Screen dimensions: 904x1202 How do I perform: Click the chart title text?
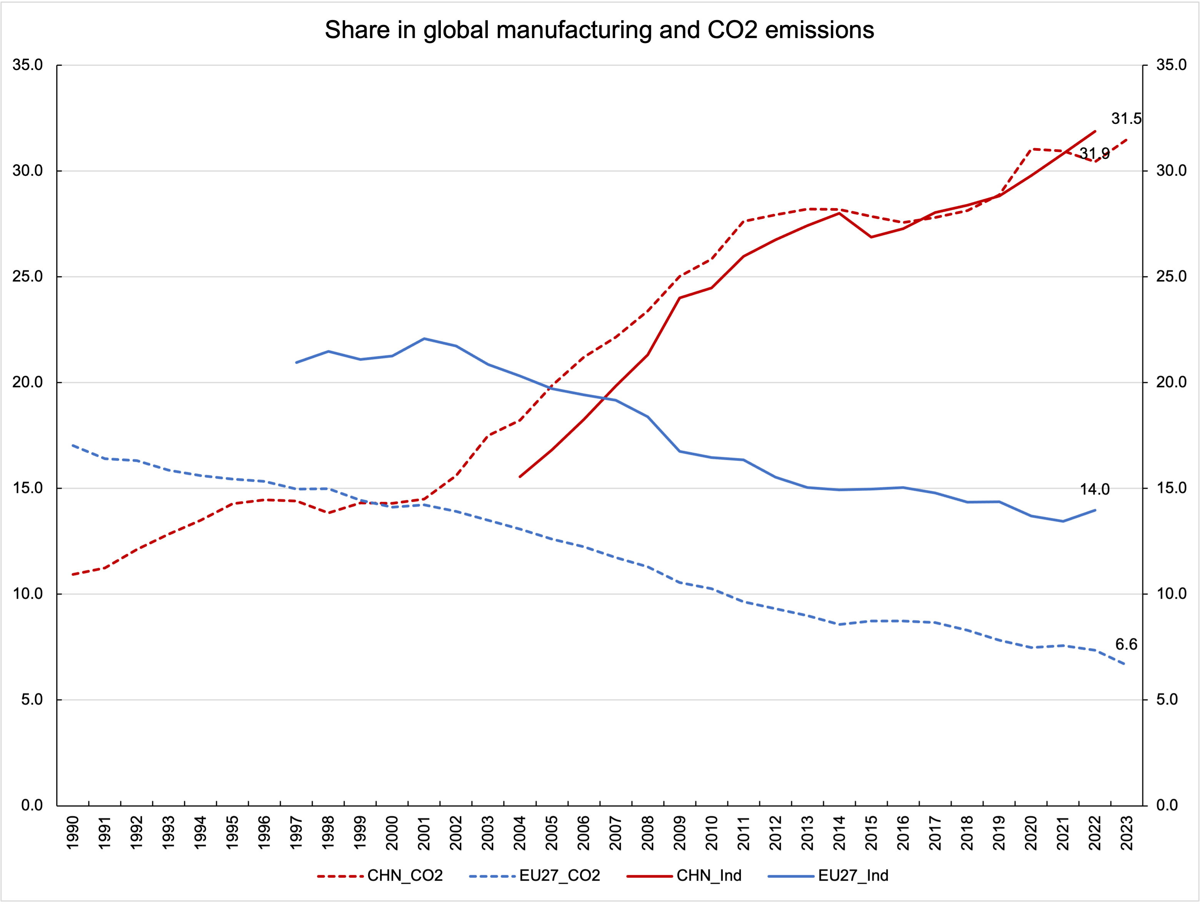point(599,30)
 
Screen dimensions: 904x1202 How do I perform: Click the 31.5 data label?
point(1126,119)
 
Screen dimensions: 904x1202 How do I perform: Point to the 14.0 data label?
point(1094,489)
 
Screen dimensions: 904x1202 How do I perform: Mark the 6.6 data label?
point(1126,644)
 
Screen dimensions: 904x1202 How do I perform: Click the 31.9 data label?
point(1094,154)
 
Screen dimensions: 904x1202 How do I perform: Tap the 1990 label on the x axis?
point(73,832)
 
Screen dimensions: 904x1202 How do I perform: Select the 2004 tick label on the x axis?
point(520,832)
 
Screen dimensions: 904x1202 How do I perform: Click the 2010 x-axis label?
point(712,832)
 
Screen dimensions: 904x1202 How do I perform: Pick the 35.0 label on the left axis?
point(28,65)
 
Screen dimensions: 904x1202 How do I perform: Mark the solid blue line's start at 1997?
point(296,362)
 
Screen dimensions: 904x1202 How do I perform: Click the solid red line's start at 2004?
point(520,476)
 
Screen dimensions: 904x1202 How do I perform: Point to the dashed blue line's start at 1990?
point(73,445)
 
